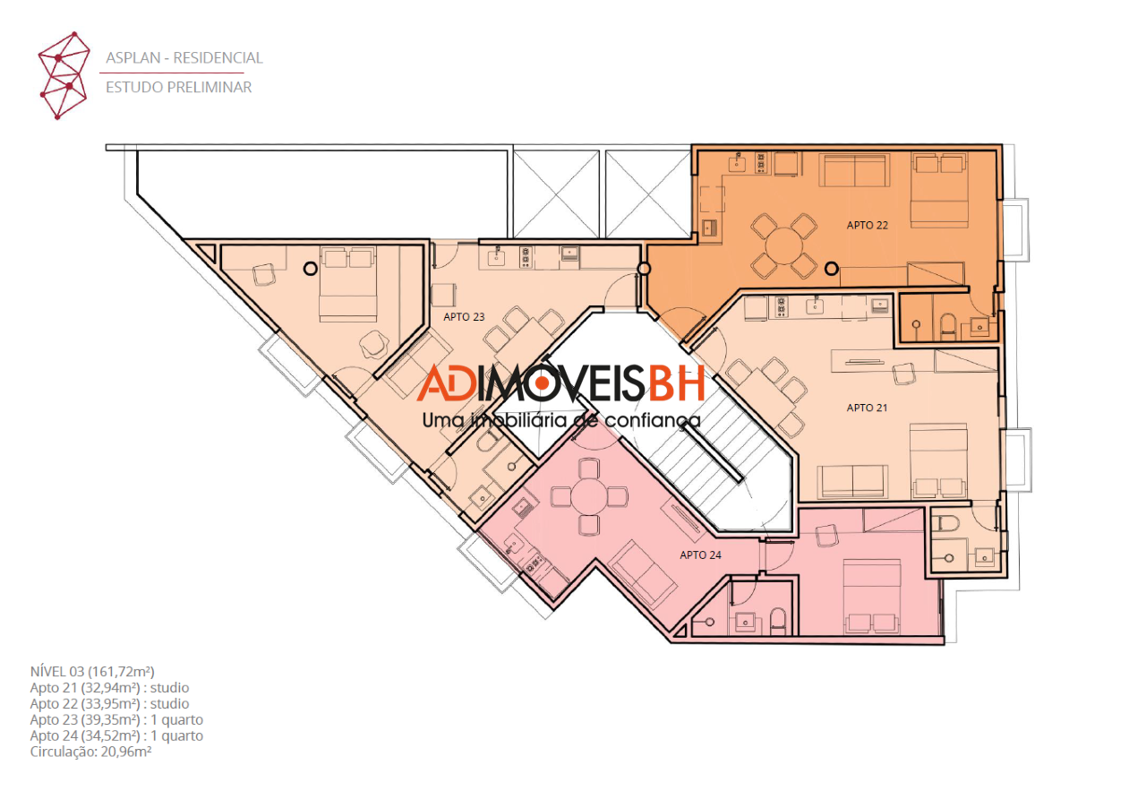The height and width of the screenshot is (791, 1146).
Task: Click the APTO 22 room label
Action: coord(868,225)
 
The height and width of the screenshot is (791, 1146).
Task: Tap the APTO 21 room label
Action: coord(867,408)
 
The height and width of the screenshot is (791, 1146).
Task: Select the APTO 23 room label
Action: coord(464,317)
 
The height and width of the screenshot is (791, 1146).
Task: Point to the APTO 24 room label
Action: coord(700,555)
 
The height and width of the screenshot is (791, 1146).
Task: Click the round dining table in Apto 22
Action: coord(783,246)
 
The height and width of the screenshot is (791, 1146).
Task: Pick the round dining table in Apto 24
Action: coord(589,496)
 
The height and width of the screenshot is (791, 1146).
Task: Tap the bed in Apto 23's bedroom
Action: coord(348,284)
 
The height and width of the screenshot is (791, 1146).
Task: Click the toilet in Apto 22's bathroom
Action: coord(947,325)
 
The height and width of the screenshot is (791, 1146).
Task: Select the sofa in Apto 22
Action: coord(854,170)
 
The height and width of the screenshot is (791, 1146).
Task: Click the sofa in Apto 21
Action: coord(852,481)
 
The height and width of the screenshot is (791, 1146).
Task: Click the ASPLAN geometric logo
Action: coord(64,75)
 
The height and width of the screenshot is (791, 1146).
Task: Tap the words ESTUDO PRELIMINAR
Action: coord(178,88)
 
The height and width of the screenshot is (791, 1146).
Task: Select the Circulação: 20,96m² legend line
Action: coord(90,752)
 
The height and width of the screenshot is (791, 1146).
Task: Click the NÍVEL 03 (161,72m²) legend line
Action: coord(92,672)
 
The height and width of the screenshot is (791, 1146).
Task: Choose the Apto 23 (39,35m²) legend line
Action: coord(116,720)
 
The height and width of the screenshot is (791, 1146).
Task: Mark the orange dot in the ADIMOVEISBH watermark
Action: coord(543,383)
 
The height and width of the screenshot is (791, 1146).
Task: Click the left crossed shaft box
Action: coord(556,193)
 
